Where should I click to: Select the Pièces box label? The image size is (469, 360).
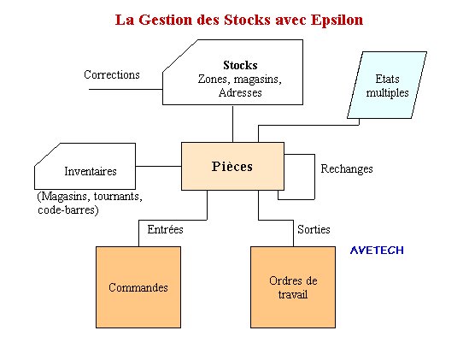232,167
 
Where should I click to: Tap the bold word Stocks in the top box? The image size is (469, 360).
240,65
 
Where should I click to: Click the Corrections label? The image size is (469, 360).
112,74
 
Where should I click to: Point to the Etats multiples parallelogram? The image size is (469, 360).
387,85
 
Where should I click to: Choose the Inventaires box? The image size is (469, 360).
85,166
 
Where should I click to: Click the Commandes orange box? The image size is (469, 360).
138,287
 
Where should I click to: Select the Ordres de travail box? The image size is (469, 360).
293,287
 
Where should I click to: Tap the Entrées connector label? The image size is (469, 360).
165,229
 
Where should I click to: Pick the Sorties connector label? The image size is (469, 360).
314,229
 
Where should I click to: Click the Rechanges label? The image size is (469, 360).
347,169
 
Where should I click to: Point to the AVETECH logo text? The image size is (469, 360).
377,250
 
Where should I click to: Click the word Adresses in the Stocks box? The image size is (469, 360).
240,92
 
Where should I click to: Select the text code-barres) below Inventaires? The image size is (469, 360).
67,210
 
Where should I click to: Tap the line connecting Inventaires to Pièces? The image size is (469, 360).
159,166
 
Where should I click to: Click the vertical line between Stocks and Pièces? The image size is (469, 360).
232,123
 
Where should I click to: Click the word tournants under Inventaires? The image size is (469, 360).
118,197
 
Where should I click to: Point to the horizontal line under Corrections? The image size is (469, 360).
126,89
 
